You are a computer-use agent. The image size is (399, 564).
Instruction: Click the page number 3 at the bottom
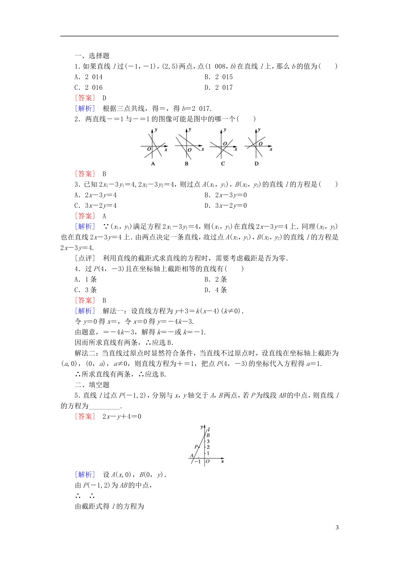[x=337, y=527]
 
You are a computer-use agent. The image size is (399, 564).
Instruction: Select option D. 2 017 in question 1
[x=218, y=87]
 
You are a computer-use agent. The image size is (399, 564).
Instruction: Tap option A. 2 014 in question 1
[x=88, y=77]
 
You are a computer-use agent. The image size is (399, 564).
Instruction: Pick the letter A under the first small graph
[x=153, y=164]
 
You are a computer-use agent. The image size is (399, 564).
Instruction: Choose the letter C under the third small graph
[x=223, y=164]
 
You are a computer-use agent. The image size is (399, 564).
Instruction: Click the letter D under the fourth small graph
[x=257, y=164]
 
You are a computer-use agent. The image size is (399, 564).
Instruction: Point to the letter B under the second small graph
[x=186, y=164]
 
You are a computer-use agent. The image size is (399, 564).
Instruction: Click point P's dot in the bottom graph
[x=199, y=447]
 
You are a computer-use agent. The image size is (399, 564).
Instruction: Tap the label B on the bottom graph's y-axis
[x=208, y=436]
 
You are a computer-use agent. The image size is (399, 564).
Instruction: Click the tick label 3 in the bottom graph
[x=208, y=441]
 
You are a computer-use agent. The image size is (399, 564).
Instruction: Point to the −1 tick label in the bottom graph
[x=197, y=462]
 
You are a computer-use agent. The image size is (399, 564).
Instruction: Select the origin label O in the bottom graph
[x=207, y=462]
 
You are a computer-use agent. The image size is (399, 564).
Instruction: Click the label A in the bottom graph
[x=192, y=455]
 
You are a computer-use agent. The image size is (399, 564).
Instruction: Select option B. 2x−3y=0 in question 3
[x=226, y=195]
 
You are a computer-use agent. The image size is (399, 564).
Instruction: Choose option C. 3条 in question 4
[x=86, y=290]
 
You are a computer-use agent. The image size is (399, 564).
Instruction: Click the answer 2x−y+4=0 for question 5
[x=122, y=416]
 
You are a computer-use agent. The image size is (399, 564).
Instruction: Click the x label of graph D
[x=271, y=149]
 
